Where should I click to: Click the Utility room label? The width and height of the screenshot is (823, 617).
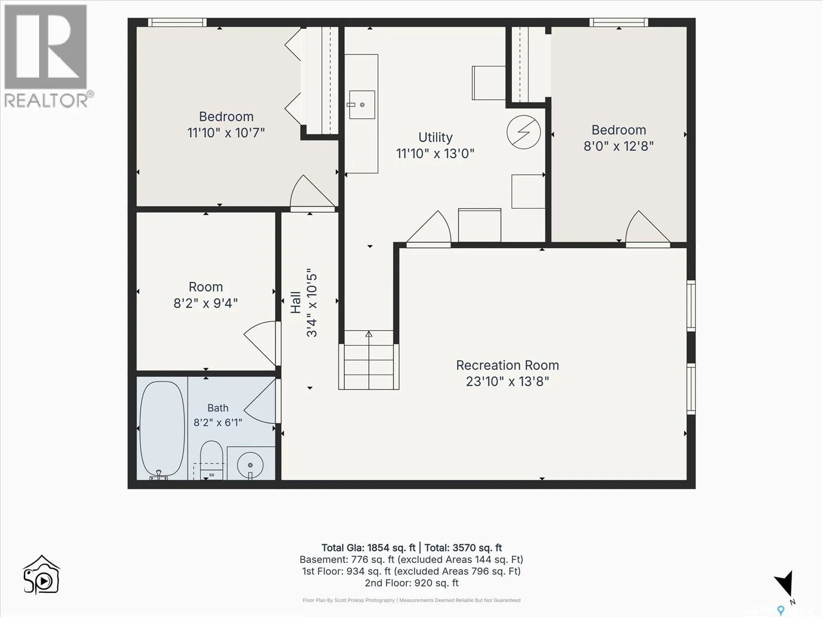tap(435, 137)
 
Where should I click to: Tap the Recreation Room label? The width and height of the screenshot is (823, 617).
tap(507, 365)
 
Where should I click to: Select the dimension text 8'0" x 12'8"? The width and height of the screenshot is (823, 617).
tap(619, 146)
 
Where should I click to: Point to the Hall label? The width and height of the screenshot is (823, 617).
tap(296, 302)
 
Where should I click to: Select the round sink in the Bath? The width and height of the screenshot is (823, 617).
tap(250, 465)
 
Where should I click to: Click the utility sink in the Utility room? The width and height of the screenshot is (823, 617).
tap(362, 104)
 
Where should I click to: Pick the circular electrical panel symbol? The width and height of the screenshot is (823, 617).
tap(524, 132)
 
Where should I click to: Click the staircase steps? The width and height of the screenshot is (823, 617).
tap(369, 360)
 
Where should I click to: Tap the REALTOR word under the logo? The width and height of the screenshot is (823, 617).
tap(46, 100)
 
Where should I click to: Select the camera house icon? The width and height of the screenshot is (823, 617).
tap(41, 575)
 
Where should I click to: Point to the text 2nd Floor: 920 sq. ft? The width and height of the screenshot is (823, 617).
tap(411, 583)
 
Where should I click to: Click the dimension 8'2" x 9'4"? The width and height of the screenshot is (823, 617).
tap(205, 303)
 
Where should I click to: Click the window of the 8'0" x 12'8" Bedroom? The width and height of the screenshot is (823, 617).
tap(619, 22)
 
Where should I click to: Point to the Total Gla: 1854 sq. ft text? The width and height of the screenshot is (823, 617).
tap(368, 548)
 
